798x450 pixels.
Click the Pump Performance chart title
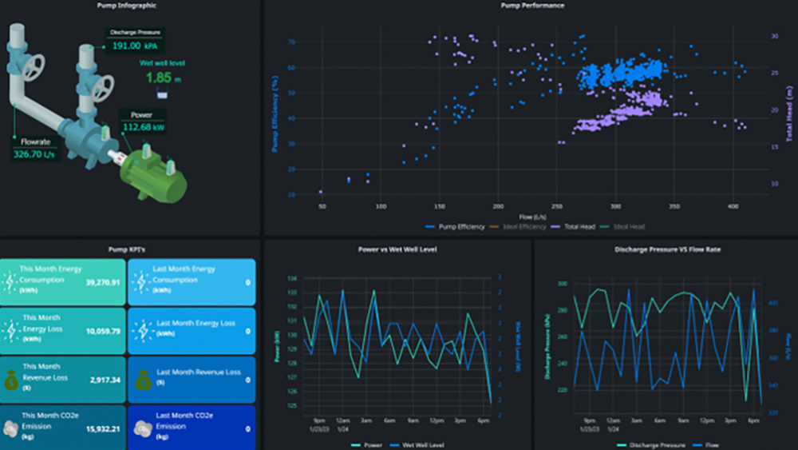(x=531, y=6)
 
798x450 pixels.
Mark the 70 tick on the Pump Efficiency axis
(x=292, y=42)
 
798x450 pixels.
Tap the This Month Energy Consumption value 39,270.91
(x=103, y=282)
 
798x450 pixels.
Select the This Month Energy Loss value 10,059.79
(x=103, y=331)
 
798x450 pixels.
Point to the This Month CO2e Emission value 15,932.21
(x=103, y=428)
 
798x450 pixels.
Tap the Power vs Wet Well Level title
(x=397, y=249)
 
